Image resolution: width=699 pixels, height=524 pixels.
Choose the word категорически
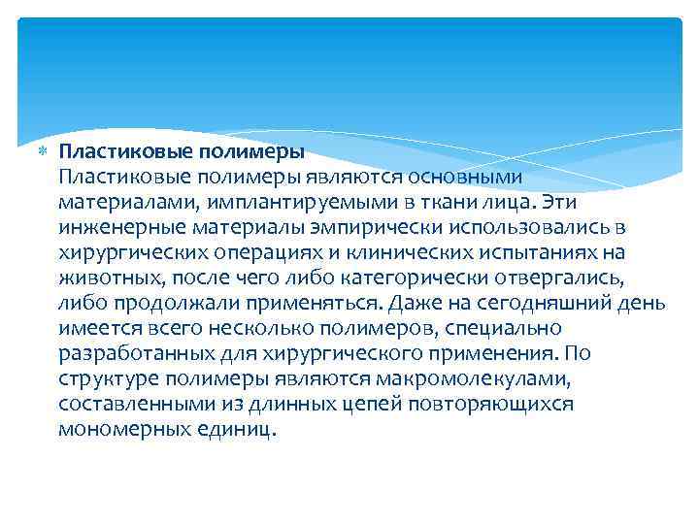point(369,278)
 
